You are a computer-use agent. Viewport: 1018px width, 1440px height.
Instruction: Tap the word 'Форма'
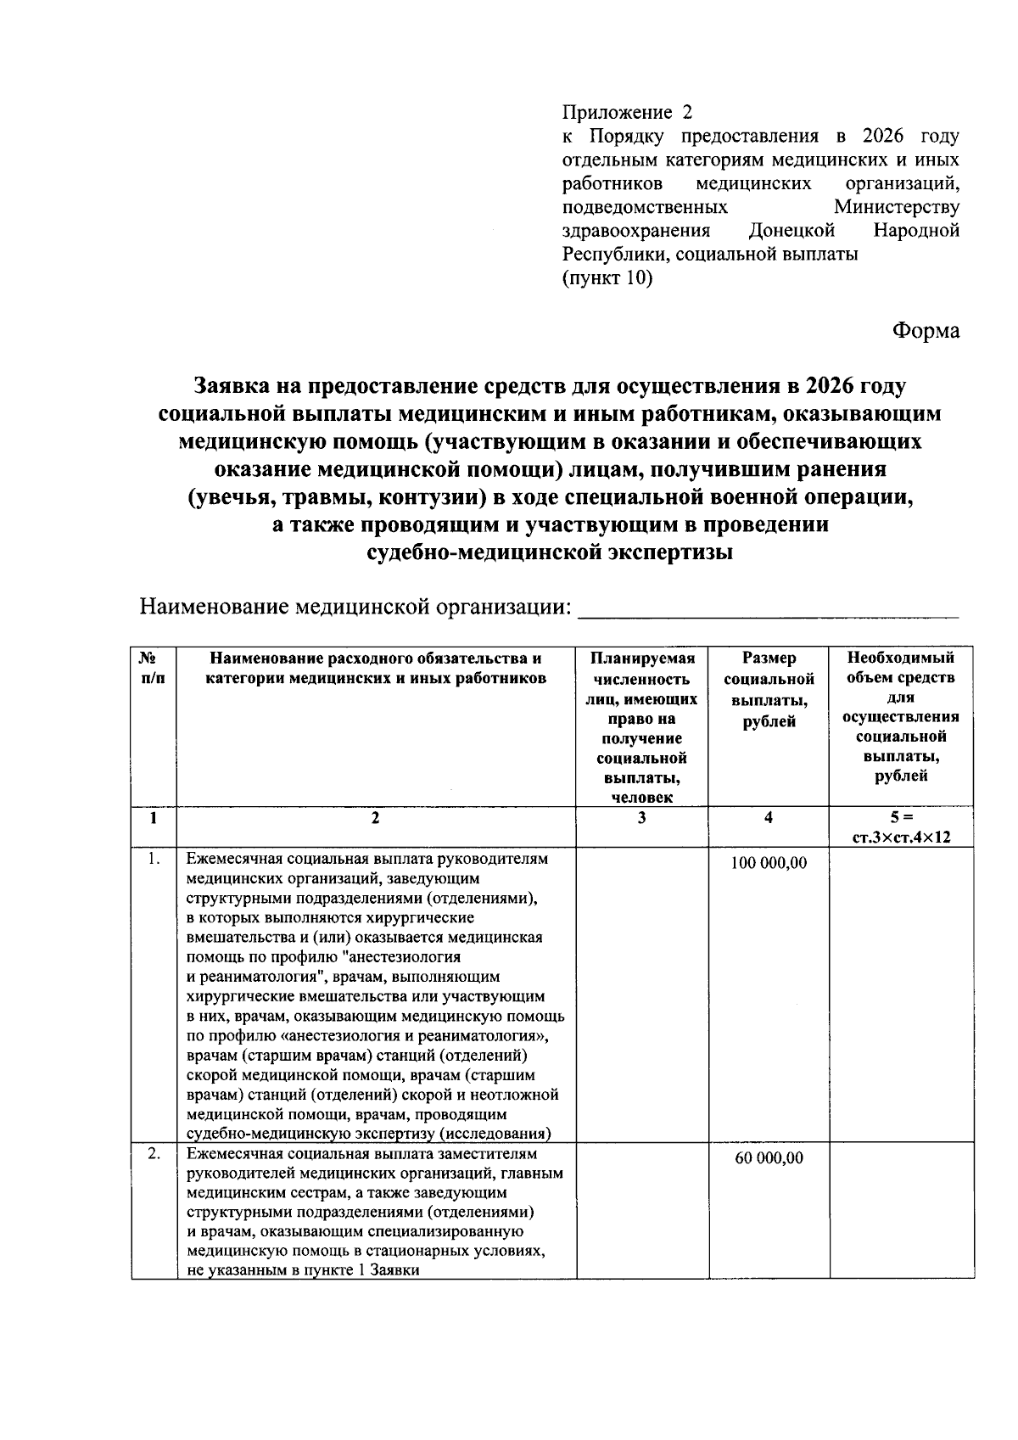tap(925, 330)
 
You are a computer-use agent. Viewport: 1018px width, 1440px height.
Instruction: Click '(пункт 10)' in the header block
tap(607, 277)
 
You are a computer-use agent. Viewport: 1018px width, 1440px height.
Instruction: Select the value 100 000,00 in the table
tap(769, 863)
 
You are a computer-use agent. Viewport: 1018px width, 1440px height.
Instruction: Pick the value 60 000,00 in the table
tap(769, 1158)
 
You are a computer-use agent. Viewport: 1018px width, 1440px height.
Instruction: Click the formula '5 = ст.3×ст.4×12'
tap(901, 827)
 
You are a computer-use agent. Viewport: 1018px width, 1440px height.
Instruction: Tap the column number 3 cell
tap(641, 818)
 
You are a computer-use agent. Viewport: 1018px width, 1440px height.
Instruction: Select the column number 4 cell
tap(769, 818)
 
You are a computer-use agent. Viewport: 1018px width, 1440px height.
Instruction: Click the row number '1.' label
tap(153, 859)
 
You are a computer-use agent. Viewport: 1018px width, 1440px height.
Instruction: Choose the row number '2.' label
tap(153, 1154)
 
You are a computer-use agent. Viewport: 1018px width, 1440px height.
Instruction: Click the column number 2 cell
tap(375, 818)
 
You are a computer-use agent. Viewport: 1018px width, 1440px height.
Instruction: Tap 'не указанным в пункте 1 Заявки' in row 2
tap(304, 1270)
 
